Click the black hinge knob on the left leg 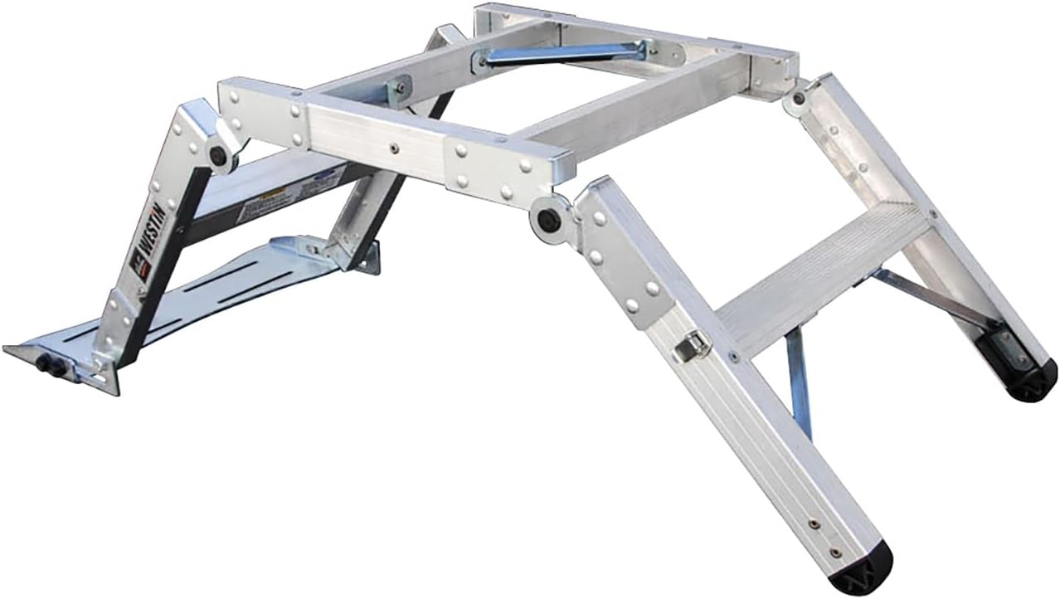tap(219, 155)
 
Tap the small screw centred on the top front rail tap(394, 149)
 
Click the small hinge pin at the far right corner tap(798, 99)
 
